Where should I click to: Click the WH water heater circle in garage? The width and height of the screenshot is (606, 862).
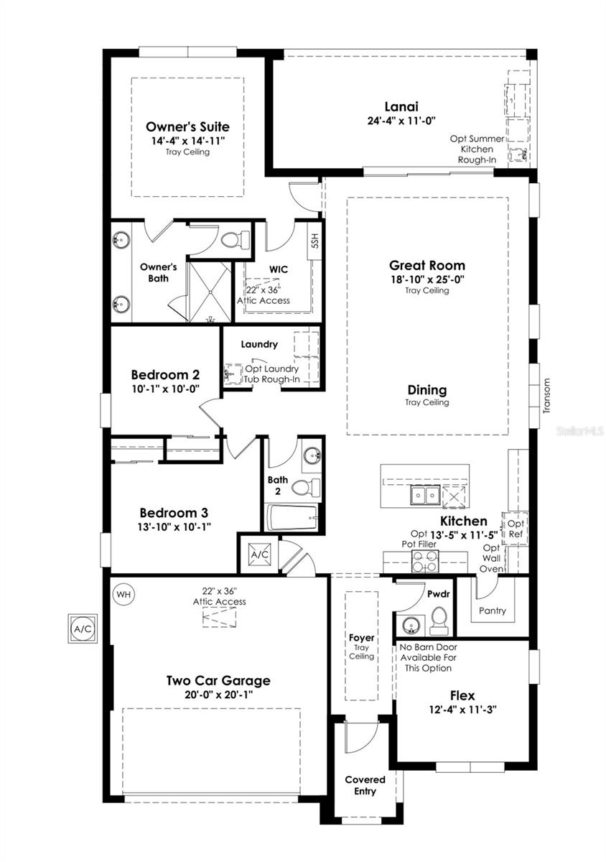124,594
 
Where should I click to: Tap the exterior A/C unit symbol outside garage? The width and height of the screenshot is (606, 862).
83,629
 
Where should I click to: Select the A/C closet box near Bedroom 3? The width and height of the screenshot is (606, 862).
258,554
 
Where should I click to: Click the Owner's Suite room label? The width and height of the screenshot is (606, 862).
188,126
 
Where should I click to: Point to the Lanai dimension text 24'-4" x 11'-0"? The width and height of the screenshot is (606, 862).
401,121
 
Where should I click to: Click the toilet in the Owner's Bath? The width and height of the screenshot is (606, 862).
233,240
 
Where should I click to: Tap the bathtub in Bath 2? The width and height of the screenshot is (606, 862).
292,516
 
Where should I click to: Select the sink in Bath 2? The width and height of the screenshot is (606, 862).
311,455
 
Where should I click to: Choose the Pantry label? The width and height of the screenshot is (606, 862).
492,611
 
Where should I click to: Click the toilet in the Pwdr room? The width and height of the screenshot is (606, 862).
438,619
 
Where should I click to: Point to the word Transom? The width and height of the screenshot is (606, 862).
546,396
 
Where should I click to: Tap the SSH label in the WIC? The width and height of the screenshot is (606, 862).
314,241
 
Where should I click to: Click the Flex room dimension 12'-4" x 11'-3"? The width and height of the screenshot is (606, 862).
462,709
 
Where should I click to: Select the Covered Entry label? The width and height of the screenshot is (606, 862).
365,785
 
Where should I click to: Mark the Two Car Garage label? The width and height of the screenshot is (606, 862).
218,680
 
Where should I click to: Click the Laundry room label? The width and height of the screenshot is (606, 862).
259,344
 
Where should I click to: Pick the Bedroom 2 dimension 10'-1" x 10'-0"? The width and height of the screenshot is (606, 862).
165,388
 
